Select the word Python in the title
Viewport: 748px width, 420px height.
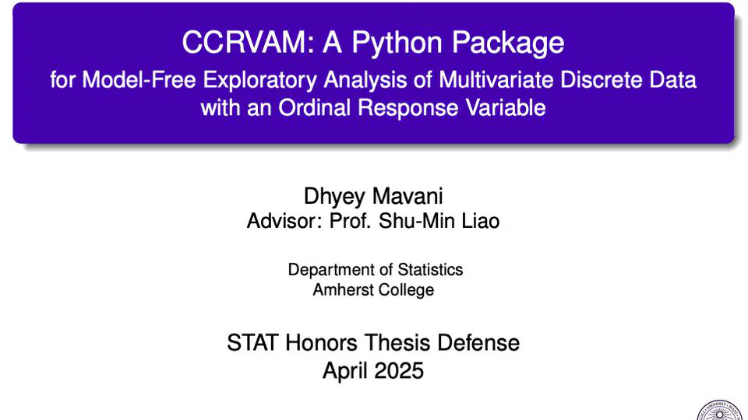(x=397, y=44)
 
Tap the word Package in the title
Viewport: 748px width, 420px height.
(x=508, y=44)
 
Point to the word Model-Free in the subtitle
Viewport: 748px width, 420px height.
(x=139, y=79)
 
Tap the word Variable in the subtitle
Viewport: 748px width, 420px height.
(x=506, y=107)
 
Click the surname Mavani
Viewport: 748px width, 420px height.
(x=408, y=196)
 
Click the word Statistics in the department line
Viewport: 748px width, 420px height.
(x=430, y=270)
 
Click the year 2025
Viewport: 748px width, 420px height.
(x=399, y=370)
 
